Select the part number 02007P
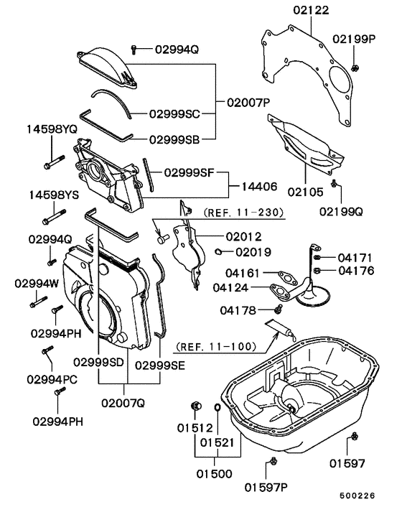[248, 103]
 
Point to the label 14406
[258, 186]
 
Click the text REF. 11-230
[243, 213]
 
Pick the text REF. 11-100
[215, 345]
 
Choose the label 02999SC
[174, 113]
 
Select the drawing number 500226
[357, 496]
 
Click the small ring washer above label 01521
[215, 409]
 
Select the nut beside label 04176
[318, 271]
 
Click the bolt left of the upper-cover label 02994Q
[134, 49]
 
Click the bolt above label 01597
[354, 438]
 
